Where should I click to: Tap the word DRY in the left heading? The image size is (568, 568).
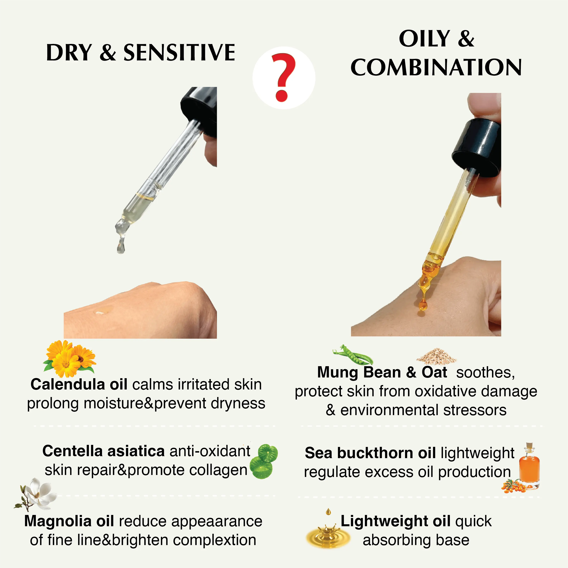[x=69, y=53]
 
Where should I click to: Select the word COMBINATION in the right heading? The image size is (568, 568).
[x=436, y=67]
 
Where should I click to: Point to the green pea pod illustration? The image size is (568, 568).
[x=353, y=354]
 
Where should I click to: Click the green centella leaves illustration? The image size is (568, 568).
[x=263, y=461]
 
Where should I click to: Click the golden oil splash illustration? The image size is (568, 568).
[x=327, y=532]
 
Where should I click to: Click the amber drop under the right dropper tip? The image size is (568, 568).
[x=423, y=306]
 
